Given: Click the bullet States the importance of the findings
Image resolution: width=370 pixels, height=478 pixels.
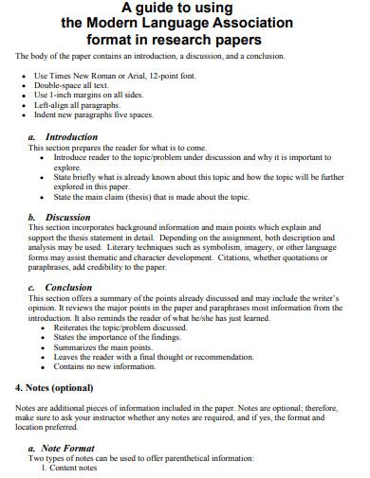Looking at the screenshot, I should pos(116,336).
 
